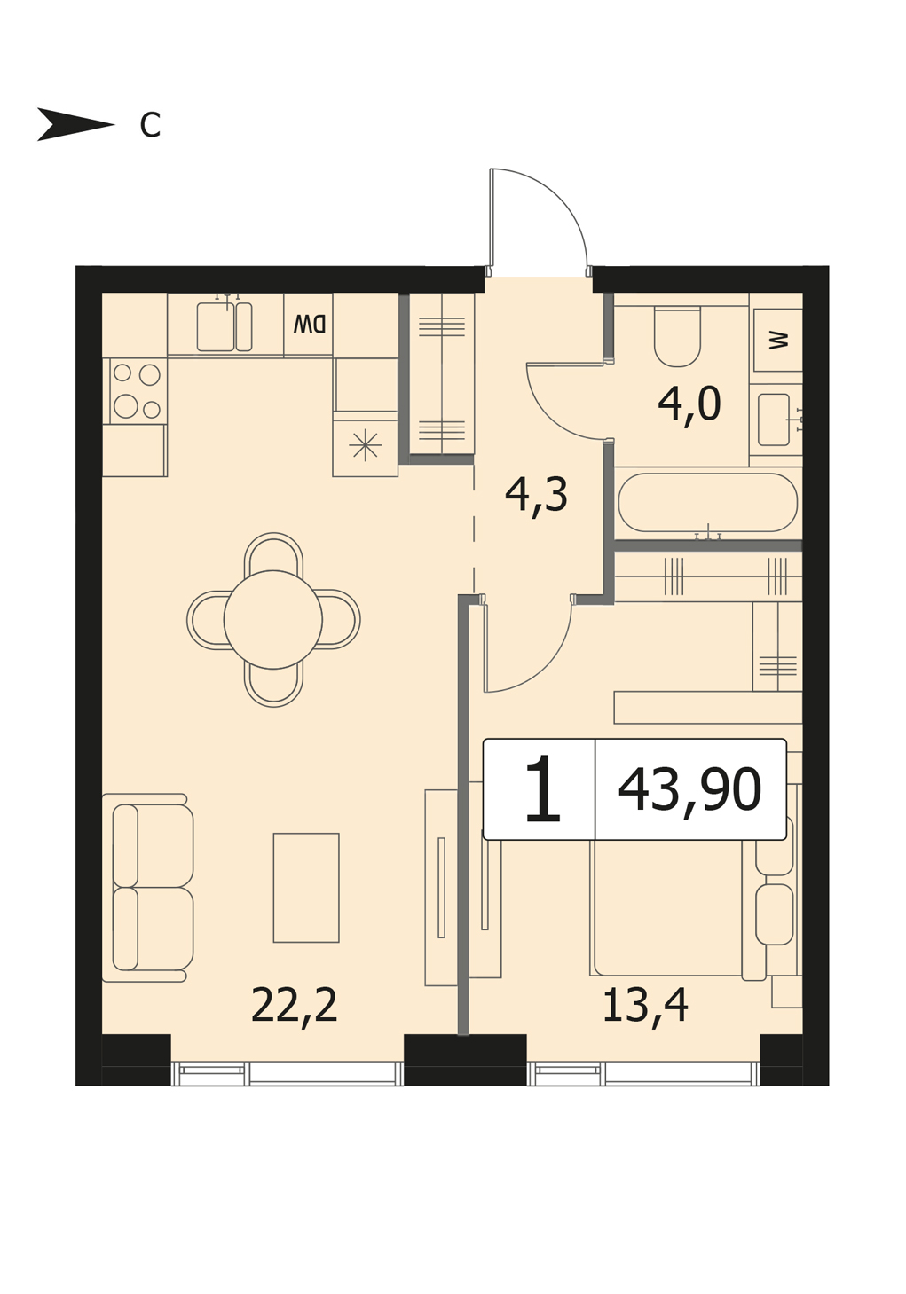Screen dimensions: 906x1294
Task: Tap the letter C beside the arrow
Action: point(150,124)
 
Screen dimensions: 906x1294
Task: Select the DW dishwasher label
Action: point(309,325)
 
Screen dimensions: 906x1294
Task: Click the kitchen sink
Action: point(225,326)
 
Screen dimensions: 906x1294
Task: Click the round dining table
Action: point(272,619)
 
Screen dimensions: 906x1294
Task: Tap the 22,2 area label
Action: point(294,1005)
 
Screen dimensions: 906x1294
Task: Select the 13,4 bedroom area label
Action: point(645,1005)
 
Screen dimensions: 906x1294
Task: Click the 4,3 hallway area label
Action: point(536,496)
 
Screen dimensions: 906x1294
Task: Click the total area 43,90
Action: point(689,789)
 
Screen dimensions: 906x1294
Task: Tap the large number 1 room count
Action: point(542,789)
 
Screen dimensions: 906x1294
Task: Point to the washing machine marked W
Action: point(777,340)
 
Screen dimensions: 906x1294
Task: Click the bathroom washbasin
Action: point(775,420)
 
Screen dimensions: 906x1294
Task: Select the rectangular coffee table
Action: point(306,888)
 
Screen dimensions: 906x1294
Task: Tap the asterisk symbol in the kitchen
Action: point(366,446)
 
